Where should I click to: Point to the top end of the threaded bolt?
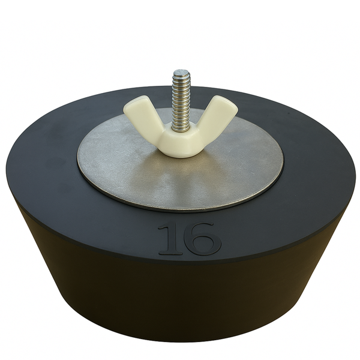[x=181, y=73]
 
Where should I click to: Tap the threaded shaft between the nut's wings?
[x=181, y=108]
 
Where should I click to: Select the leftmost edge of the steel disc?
[x=78, y=161]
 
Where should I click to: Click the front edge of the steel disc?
[x=180, y=210]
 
